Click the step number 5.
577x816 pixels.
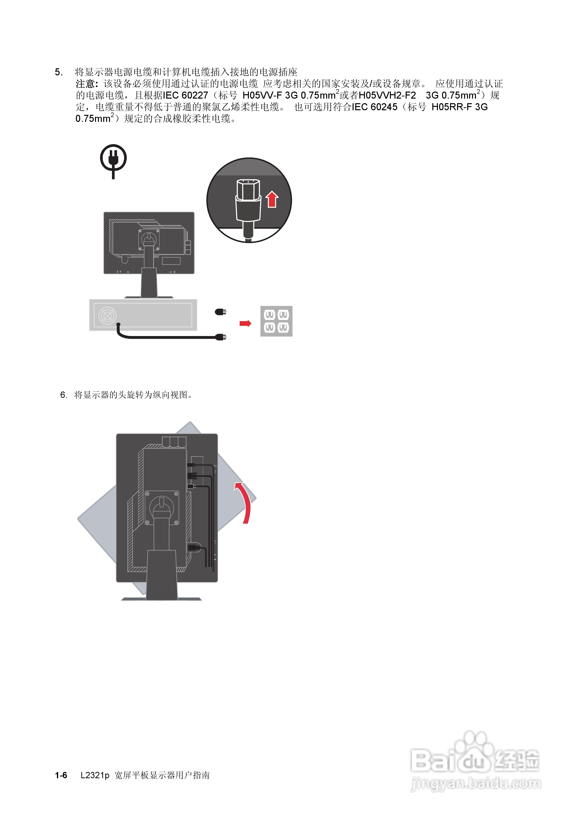[x=59, y=72]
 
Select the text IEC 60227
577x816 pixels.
[x=185, y=96]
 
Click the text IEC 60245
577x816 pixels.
[x=374, y=107]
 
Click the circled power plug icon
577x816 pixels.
[x=113, y=158]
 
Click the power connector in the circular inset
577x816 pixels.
[x=248, y=203]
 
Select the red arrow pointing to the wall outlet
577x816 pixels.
[x=245, y=323]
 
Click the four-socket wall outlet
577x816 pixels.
[x=276, y=321]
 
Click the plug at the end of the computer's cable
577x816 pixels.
[x=221, y=337]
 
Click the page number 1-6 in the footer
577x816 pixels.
[x=61, y=775]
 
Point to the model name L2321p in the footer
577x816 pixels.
[x=95, y=775]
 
